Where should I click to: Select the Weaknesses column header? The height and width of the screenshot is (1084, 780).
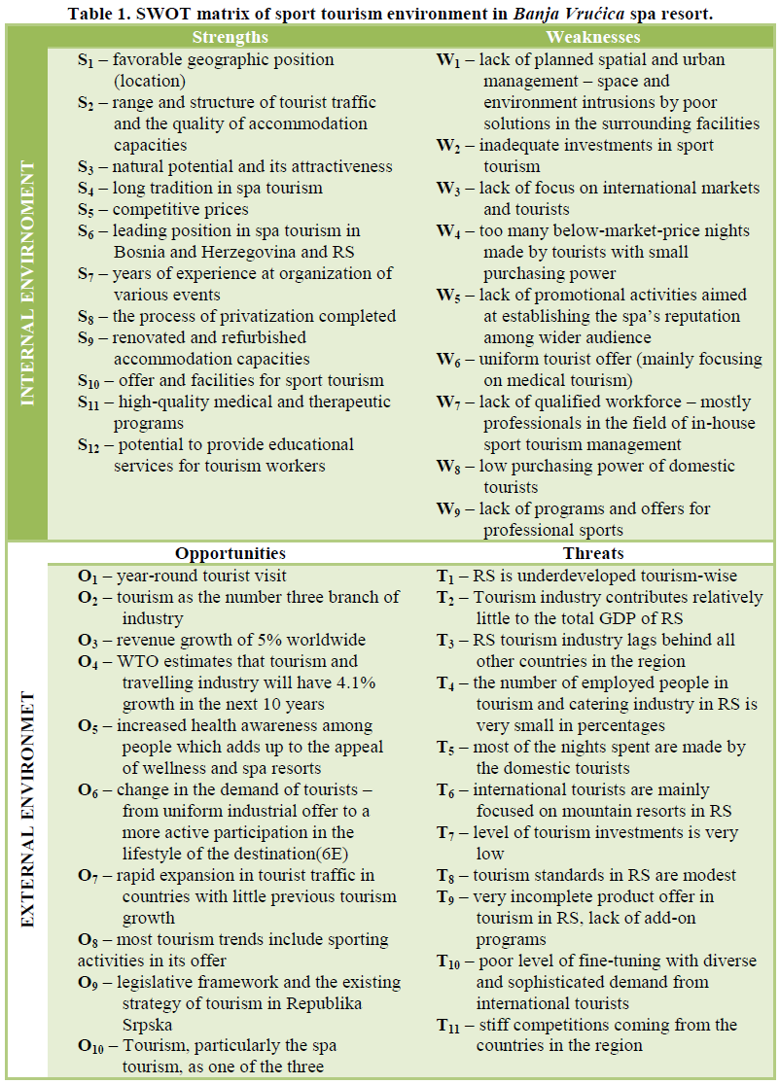coord(592,37)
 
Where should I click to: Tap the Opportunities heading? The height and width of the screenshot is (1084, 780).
coord(230,554)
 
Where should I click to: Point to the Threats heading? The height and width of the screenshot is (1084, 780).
coord(592,554)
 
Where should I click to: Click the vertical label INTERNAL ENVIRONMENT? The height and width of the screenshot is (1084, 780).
coord(27,283)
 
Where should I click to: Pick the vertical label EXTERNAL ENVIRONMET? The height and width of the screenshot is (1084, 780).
coord(27,810)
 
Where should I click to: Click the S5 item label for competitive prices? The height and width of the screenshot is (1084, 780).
coord(89,210)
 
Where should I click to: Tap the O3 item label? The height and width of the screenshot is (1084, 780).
coord(89,641)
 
